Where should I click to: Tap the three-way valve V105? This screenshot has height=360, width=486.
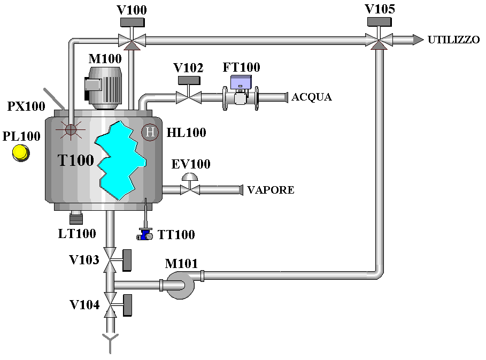pos(380,39)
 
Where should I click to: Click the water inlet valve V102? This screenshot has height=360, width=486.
pos(188,97)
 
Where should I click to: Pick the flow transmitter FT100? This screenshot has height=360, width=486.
pos(241,93)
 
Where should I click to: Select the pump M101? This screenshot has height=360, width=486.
pos(178,284)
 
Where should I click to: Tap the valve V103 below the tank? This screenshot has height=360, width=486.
pos(111,261)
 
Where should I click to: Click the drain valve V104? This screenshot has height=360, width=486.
pos(111,305)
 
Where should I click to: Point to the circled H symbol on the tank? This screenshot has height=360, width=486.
pos(150,132)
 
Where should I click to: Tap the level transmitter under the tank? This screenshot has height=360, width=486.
pos(76,217)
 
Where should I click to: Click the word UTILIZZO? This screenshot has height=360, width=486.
pos(453,40)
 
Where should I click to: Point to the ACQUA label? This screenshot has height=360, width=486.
pos(312,97)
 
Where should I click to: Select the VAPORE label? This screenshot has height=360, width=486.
pos(271,190)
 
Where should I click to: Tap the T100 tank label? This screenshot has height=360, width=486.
pos(76,160)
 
